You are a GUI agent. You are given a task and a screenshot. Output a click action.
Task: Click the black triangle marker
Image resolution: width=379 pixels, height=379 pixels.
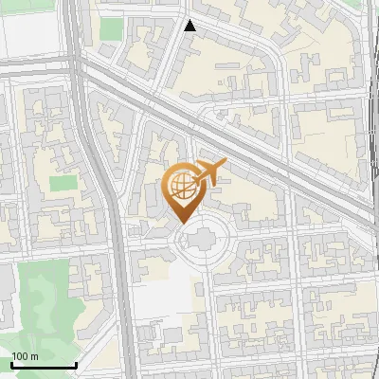190,26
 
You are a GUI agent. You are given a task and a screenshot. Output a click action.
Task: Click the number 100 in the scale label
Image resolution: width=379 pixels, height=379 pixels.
19,356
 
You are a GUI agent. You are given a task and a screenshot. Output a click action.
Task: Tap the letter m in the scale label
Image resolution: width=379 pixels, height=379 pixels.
34,356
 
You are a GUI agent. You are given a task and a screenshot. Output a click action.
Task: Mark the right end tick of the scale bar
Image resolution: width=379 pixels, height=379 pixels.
76,365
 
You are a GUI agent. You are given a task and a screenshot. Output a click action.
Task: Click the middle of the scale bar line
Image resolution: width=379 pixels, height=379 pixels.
43,367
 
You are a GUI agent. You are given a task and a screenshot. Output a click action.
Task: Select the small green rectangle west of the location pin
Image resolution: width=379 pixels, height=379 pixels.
62,182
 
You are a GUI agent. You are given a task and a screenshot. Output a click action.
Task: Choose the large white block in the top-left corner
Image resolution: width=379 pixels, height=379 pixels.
28,33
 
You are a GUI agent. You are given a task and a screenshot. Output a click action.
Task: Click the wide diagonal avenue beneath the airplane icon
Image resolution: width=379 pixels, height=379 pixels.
237,134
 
